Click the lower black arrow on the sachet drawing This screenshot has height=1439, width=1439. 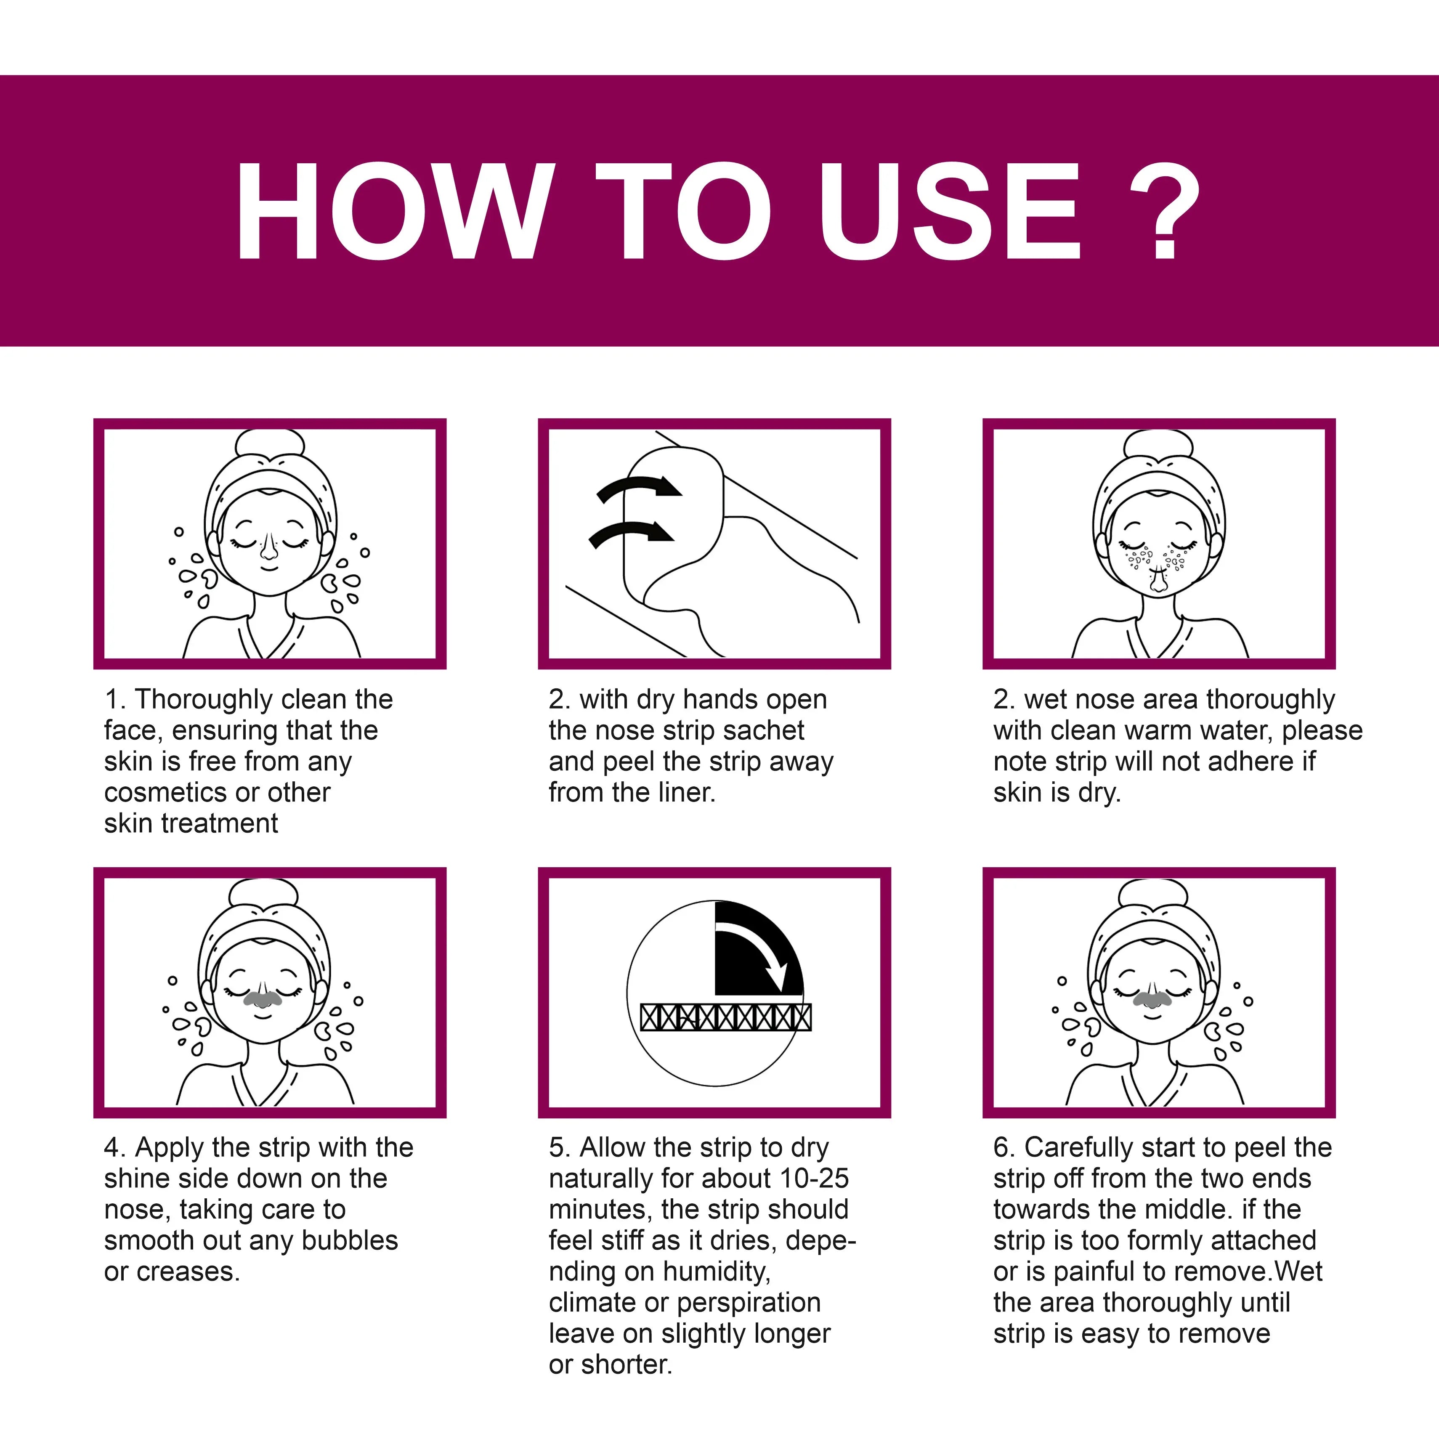632,533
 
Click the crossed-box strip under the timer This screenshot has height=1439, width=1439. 725,1017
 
